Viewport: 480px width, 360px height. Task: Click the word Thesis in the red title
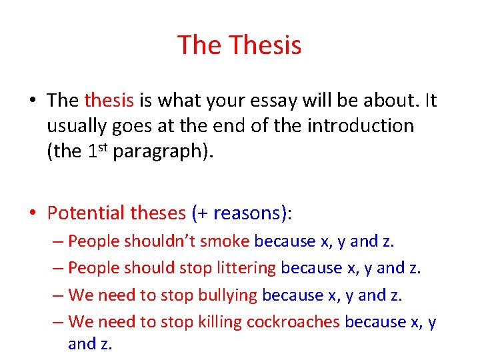(x=265, y=45)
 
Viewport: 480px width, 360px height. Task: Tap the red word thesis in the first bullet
(x=109, y=100)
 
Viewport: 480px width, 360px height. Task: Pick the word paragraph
(x=153, y=151)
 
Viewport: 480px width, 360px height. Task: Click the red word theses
(x=157, y=213)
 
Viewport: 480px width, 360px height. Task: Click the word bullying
(x=229, y=295)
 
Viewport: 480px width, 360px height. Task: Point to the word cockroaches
(x=293, y=322)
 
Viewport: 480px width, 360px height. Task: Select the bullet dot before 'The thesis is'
(x=33, y=101)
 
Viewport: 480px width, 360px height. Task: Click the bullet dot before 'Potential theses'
(x=33, y=213)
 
